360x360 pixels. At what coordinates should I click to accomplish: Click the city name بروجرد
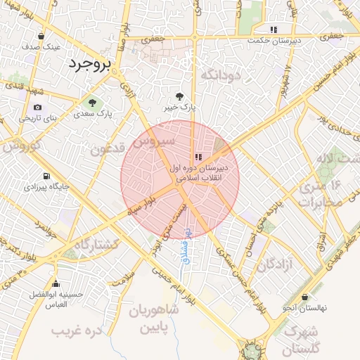click(91, 65)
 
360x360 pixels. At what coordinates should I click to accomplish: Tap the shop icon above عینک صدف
click(41, 36)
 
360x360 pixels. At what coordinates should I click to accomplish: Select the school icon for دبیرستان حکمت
click(274, 30)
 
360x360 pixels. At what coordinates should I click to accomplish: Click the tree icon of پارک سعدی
click(92, 103)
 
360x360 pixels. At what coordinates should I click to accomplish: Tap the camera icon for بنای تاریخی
click(37, 108)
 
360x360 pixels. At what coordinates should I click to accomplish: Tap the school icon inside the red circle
click(198, 157)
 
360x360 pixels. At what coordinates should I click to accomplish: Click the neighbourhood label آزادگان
click(274, 265)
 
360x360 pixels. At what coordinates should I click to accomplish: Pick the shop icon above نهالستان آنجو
click(304, 297)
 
